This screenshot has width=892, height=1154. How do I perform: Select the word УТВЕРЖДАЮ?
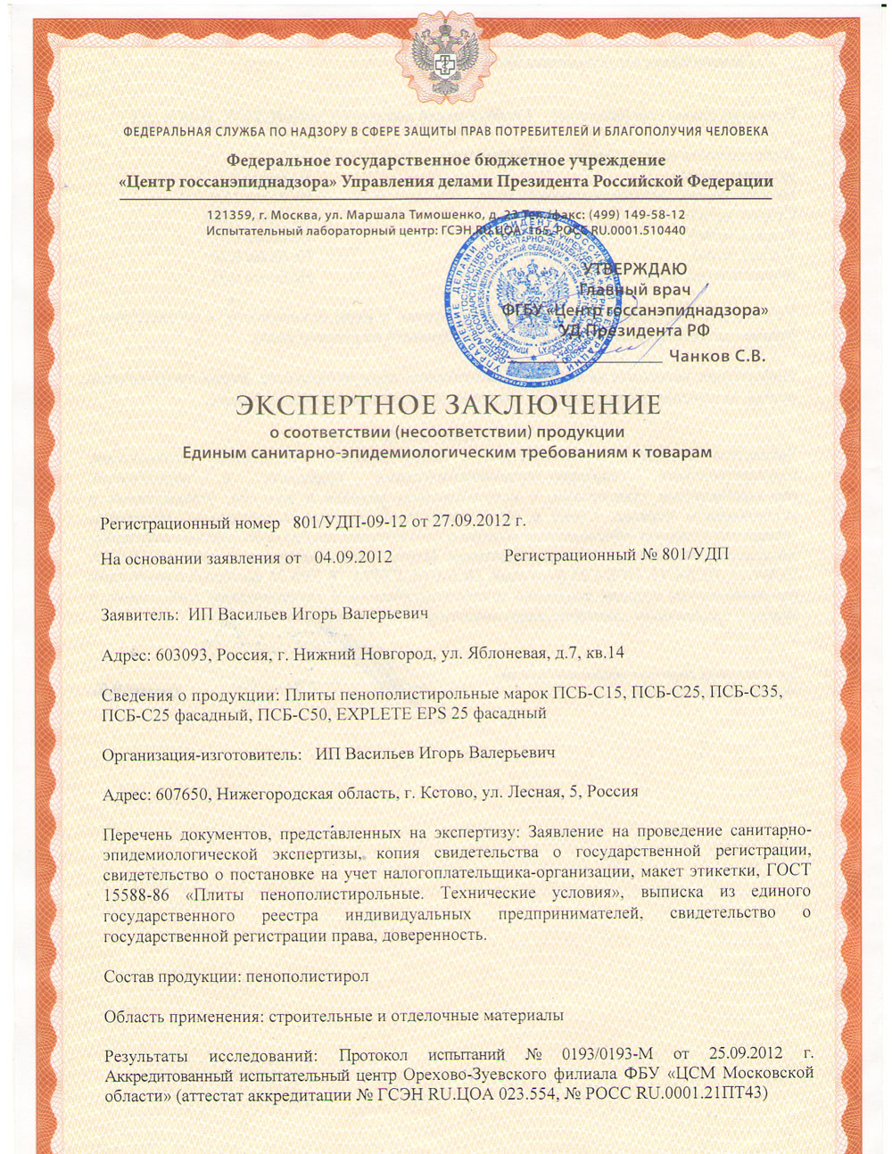(634, 269)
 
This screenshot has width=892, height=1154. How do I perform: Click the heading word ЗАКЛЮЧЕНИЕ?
(553, 406)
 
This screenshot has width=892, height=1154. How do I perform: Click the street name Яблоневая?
(508, 653)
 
